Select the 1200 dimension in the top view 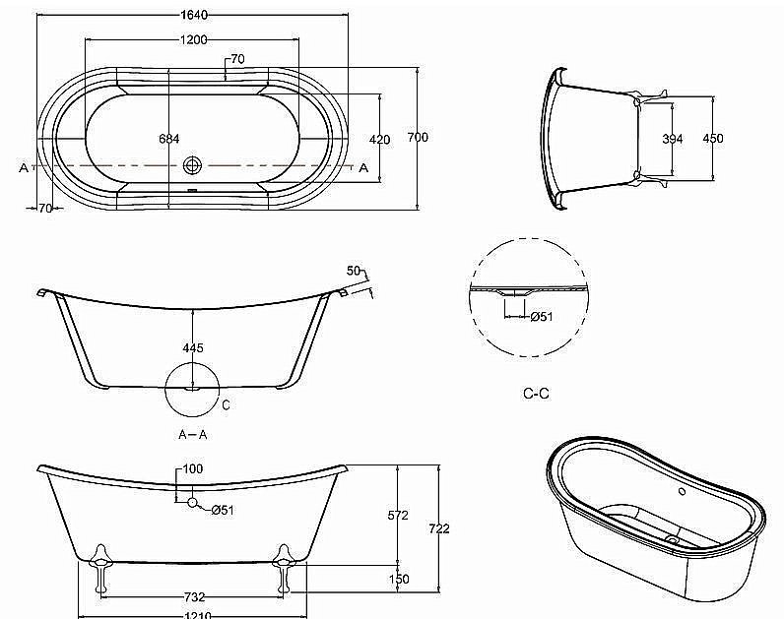coord(194,39)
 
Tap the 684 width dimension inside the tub coord(168,139)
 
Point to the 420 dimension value coord(379,140)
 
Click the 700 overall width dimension coord(418,139)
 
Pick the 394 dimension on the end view coord(672,139)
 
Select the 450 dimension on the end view coord(713,139)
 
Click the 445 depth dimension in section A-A coord(193,348)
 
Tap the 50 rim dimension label coord(354,271)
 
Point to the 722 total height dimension coord(439,528)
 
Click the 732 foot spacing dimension coord(194,597)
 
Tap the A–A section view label coord(193,433)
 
